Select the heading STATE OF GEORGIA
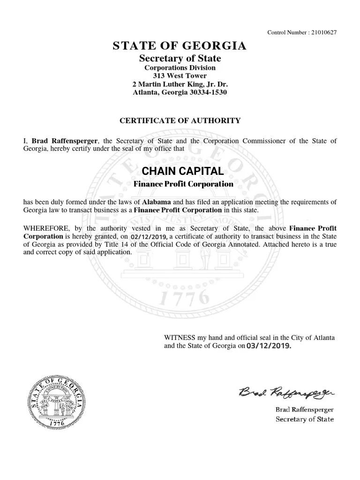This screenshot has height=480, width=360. click(x=180, y=46)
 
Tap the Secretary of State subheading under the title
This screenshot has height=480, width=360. click(x=180, y=59)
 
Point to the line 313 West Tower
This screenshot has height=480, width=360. click(x=180, y=75)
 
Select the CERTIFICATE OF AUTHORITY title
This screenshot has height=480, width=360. click(x=180, y=120)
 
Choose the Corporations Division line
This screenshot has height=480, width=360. click(x=180, y=67)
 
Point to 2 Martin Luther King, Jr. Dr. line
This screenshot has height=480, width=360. click(x=180, y=84)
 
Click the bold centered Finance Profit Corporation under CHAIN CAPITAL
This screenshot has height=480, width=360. click(x=183, y=184)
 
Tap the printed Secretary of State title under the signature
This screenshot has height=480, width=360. click(x=304, y=419)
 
